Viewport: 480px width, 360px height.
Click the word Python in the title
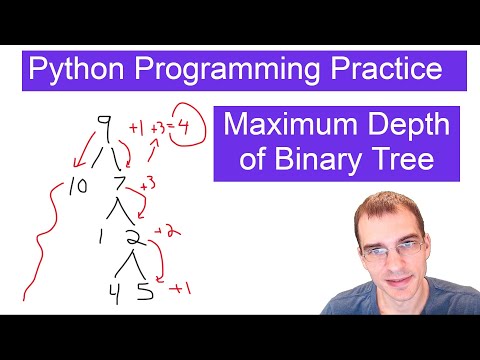click(71, 71)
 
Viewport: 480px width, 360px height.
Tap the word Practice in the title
click(381, 71)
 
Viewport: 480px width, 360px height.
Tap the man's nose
click(397, 269)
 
